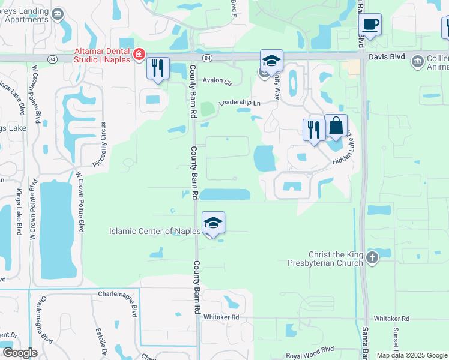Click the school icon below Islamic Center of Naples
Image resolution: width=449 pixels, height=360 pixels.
tap(214, 223)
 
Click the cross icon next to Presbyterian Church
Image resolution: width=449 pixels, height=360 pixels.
tap(372, 258)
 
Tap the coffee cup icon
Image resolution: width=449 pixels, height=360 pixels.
tap(370, 25)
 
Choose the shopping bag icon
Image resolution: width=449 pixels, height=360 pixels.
tap(336, 126)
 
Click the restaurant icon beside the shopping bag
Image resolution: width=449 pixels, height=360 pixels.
tap(314, 130)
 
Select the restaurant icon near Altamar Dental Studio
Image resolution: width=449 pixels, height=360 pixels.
tap(158, 69)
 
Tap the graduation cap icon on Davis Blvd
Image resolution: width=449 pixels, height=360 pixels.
tap(271, 61)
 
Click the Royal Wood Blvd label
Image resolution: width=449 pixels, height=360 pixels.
tap(310, 351)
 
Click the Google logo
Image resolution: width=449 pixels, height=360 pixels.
tap(20, 352)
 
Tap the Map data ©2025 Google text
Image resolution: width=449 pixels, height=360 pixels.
tap(411, 355)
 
